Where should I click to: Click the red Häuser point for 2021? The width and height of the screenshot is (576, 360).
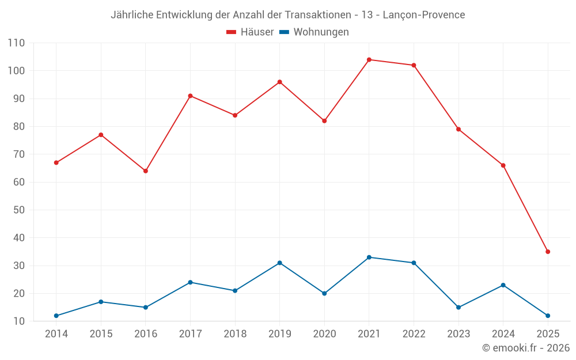point(369,60)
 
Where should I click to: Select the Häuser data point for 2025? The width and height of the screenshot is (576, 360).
point(548,252)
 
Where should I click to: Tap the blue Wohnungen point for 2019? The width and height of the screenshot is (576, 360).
point(280,263)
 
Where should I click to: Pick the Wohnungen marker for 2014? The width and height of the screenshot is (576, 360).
point(56,316)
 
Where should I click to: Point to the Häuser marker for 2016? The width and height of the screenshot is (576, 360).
point(146,171)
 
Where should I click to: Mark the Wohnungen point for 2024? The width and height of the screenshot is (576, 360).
point(503,285)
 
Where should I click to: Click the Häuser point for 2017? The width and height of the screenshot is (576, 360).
point(190,96)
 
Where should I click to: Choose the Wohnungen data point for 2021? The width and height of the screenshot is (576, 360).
point(369,257)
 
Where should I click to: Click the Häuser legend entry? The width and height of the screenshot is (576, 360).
point(250,32)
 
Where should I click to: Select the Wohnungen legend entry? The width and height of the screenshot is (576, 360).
point(314,32)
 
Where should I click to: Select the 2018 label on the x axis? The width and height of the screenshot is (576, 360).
point(235,334)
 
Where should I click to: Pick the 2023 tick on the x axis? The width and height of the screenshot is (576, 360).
point(458,334)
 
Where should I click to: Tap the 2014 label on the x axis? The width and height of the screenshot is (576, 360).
point(56,334)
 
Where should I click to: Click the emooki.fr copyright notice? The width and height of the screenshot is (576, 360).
point(526,348)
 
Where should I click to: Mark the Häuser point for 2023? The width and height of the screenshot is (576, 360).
point(458,129)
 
